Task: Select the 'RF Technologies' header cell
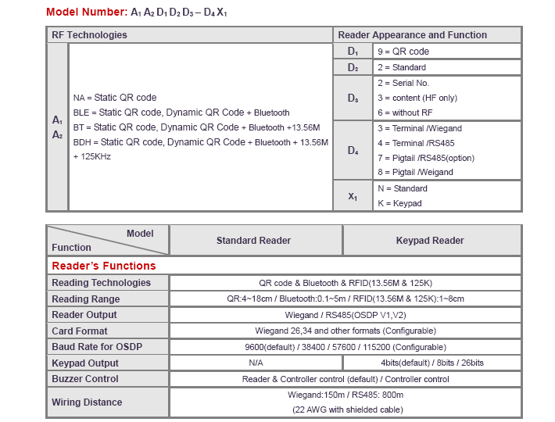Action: coord(89,35)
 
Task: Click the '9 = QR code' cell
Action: coord(403,52)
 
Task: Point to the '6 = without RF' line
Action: coord(404,113)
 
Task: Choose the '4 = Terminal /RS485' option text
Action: coord(415,143)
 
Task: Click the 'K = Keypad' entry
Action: coord(399,203)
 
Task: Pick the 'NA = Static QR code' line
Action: coord(114,98)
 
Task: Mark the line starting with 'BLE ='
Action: coord(181,113)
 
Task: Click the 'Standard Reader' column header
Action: coord(253,241)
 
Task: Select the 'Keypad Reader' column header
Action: coord(430,241)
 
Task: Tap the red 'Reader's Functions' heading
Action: coord(104,266)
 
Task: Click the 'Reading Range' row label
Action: coord(86,299)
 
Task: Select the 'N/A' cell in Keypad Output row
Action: coord(256,363)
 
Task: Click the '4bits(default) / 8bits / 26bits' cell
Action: coord(432,363)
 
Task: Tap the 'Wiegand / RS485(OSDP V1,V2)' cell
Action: coord(345,315)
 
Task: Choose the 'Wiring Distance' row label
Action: coord(87,402)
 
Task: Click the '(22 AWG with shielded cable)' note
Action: coord(345,409)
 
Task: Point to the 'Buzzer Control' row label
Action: coord(85,379)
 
